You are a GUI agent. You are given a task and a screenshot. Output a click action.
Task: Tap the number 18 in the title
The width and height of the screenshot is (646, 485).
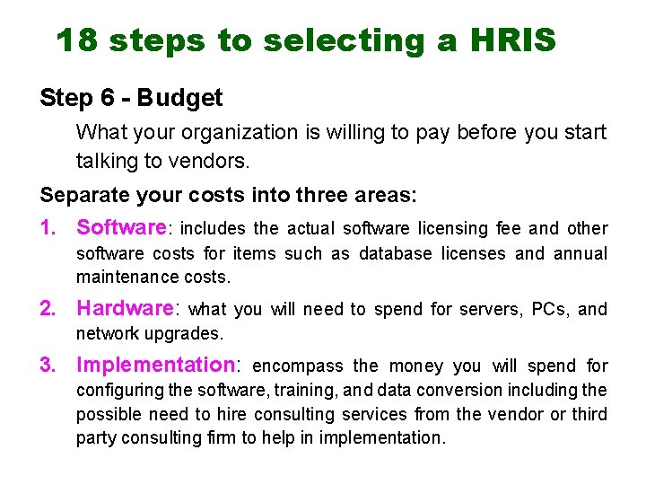[x=77, y=40]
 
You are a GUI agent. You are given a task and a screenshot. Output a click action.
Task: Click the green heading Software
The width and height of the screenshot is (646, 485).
[x=121, y=228]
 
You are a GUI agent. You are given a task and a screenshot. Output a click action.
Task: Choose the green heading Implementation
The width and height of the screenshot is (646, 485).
[x=154, y=365]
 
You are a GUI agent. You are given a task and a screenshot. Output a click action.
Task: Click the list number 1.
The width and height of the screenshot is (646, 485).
[x=48, y=228]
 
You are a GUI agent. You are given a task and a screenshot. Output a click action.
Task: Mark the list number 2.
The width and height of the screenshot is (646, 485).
[x=48, y=309]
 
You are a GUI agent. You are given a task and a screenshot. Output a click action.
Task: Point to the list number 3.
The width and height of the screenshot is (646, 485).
[x=48, y=365]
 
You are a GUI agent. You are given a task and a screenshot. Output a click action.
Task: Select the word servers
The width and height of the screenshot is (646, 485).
[x=493, y=310]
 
